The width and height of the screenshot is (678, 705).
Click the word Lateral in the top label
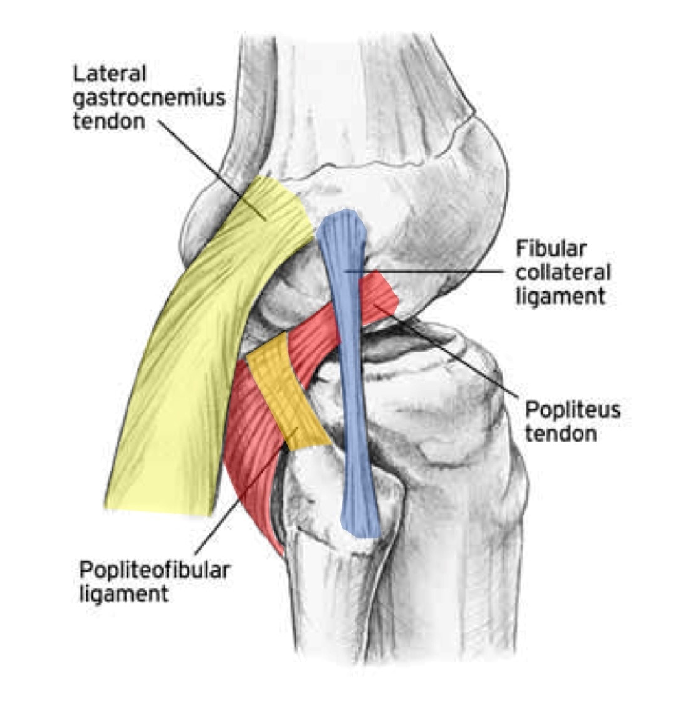pyautogui.click(x=110, y=75)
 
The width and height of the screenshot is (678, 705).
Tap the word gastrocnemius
pyautogui.click(x=149, y=98)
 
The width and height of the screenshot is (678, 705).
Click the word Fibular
pyautogui.click(x=551, y=249)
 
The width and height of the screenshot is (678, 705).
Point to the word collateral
pyautogui.click(x=563, y=272)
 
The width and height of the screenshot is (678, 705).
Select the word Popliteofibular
pyautogui.click(x=155, y=570)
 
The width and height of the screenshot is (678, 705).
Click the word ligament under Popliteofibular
pyautogui.click(x=124, y=593)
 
